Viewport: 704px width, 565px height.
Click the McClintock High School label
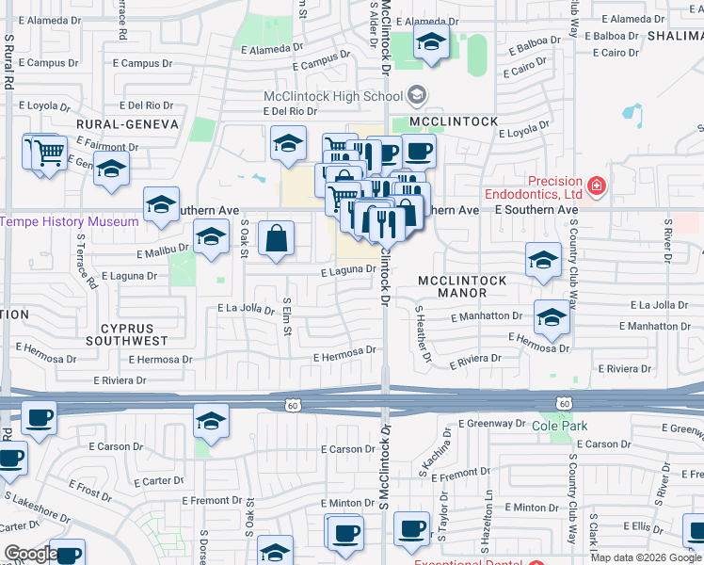click(x=333, y=96)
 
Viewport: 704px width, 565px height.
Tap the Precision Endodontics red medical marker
click(x=595, y=186)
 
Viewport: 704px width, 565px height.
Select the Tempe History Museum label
click(x=70, y=222)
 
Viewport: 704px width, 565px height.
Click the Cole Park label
click(x=559, y=427)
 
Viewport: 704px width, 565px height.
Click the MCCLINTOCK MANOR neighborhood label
click(x=462, y=287)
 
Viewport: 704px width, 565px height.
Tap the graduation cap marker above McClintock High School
click(x=431, y=42)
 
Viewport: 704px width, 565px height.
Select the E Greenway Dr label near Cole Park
click(x=497, y=424)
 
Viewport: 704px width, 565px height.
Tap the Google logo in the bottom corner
click(x=31, y=554)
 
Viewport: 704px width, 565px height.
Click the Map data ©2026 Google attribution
click(x=646, y=557)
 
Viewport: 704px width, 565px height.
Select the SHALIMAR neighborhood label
click(x=675, y=35)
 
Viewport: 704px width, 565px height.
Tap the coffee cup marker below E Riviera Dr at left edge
click(x=39, y=418)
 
